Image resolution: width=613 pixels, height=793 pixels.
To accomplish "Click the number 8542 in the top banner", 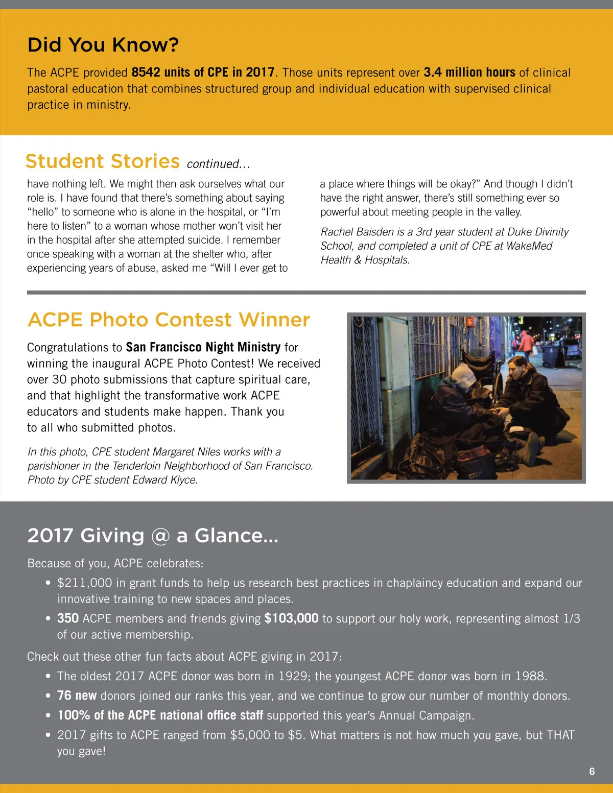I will tap(146, 73).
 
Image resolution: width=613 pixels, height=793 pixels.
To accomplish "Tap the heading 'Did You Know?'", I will tap(103, 45).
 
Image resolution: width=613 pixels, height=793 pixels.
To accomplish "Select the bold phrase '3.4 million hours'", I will tap(469, 73).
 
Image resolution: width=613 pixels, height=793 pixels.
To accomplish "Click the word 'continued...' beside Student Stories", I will tap(218, 164).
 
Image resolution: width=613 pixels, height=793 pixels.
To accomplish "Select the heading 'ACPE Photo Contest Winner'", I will tap(169, 320).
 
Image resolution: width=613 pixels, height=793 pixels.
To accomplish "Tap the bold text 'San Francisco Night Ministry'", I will tap(203, 348).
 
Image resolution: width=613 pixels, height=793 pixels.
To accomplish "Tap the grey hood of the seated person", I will tap(464, 375).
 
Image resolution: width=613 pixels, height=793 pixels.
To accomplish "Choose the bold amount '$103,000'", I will tap(291, 619).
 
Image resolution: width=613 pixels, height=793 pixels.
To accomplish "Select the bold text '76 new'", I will tap(77, 696).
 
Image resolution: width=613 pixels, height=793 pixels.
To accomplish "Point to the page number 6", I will tap(592, 772).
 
